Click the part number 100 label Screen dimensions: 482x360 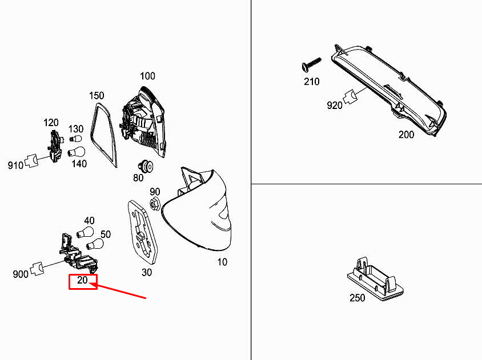tap(147, 76)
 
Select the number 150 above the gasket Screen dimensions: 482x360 tap(97, 95)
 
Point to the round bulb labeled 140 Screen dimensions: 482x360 tap(76, 152)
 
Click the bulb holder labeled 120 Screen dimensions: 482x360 tap(55, 147)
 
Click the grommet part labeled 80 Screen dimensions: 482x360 tap(146, 167)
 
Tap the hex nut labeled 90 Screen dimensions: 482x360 tap(155, 204)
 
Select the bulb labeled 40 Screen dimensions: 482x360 tap(85, 232)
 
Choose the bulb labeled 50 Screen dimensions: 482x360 tap(95, 245)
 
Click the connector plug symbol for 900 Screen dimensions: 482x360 tap(38, 269)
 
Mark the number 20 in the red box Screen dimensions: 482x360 tap(82, 280)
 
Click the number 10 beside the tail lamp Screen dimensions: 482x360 tap(222, 262)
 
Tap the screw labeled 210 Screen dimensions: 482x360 tap(311, 64)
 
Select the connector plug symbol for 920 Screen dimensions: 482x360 tap(350, 97)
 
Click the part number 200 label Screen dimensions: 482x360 tap(406, 135)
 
